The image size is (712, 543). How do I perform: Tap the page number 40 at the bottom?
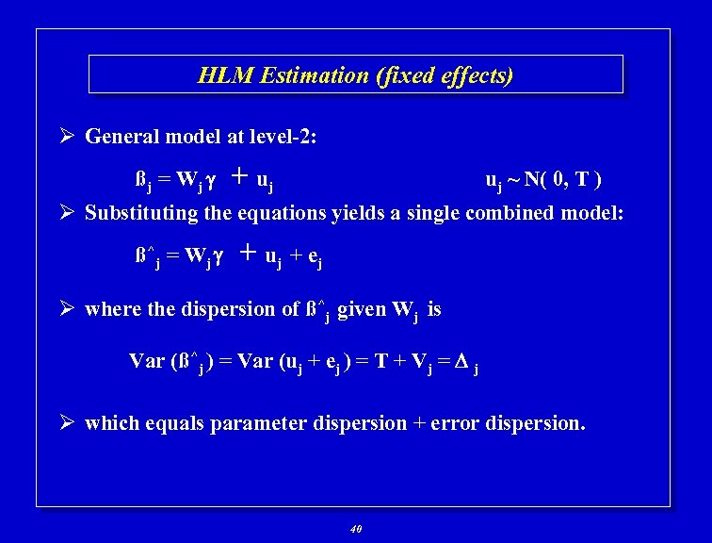(x=355, y=529)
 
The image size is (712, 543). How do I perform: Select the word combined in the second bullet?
(x=510, y=213)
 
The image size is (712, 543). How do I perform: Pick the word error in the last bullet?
(x=452, y=423)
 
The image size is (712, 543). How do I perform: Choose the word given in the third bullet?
(x=362, y=309)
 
